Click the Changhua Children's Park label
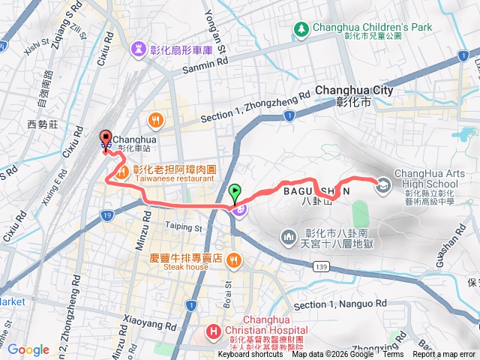[x=373, y=27]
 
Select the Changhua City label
[x=354, y=90]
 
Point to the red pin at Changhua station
[x=106, y=138]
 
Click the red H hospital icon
[x=214, y=331]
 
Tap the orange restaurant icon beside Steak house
[x=234, y=260]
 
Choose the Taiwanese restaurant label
[x=171, y=180]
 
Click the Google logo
[x=28, y=349]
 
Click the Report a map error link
[x=446, y=355]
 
